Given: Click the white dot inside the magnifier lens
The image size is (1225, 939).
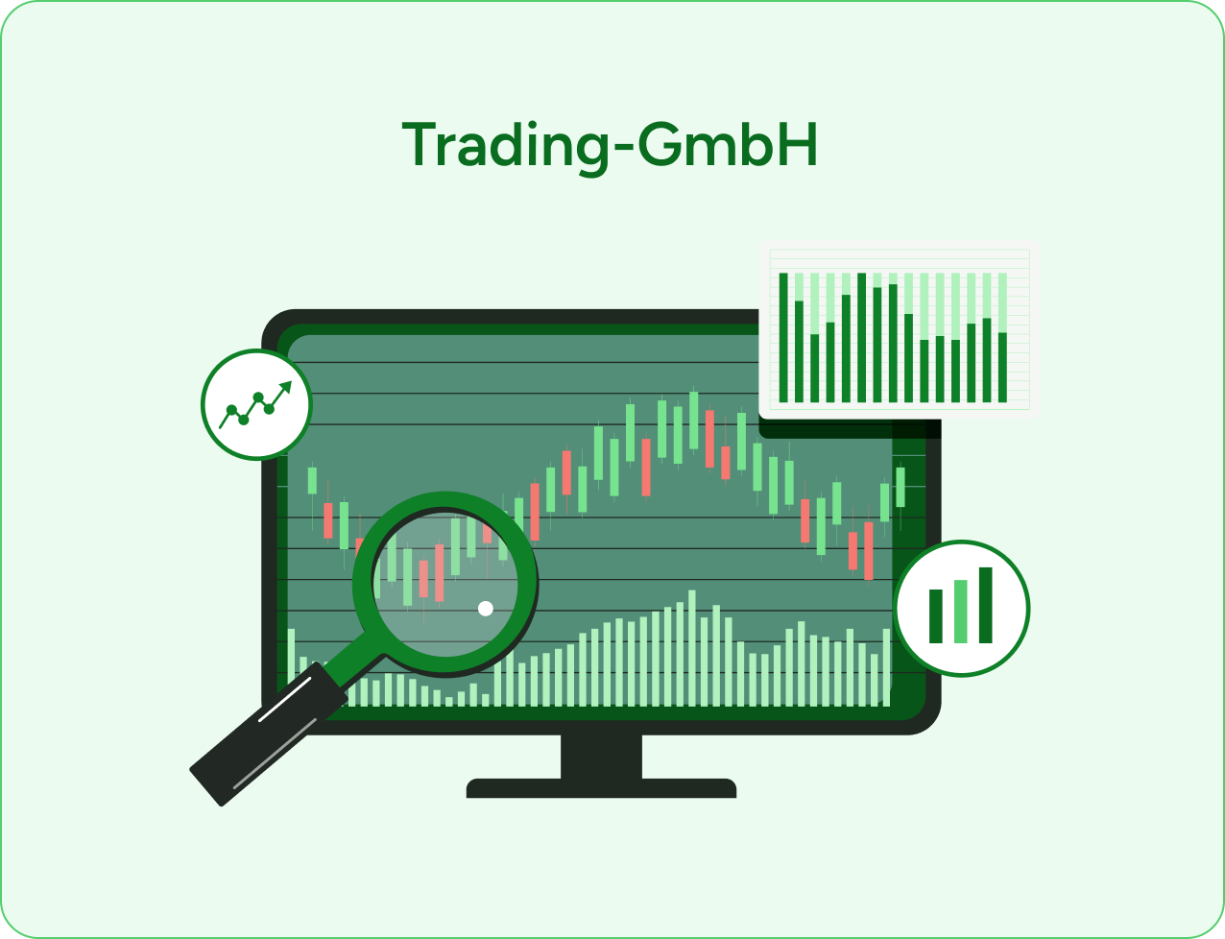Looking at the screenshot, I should (486, 608).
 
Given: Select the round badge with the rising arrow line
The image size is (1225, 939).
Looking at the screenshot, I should (256, 404).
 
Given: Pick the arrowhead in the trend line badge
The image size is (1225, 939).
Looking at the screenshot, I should (285, 387).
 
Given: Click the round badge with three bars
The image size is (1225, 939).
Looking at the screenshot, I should (962, 608).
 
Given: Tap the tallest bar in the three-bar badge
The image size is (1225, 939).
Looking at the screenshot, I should (985, 605).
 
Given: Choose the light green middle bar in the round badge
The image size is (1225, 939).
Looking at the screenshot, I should (961, 612).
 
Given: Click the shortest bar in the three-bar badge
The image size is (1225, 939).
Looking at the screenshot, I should (936, 616).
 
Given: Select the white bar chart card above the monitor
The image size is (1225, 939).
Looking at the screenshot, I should (900, 329).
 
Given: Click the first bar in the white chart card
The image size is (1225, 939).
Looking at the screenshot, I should (783, 337).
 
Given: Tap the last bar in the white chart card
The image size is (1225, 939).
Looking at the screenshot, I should (1002, 367).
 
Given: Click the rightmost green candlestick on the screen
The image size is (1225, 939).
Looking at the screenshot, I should (901, 487).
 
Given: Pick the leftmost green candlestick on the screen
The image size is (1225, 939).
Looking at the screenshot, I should (312, 480).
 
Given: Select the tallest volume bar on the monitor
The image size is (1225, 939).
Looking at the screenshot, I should (691, 647).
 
